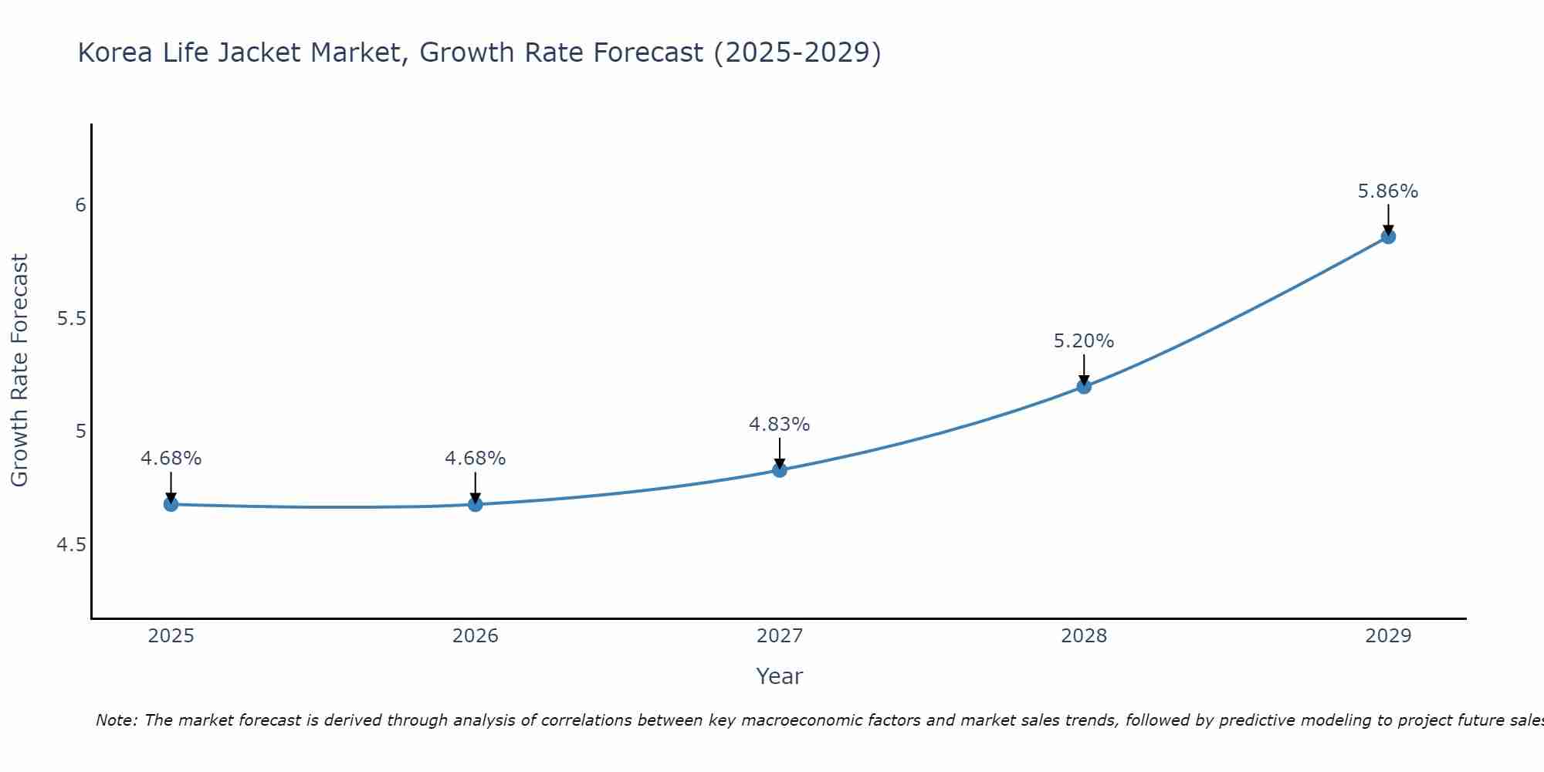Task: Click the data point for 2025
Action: click(171, 504)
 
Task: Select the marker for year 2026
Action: click(475, 504)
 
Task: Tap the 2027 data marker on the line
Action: click(780, 469)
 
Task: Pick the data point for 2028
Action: click(1084, 386)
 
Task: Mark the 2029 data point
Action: click(1388, 236)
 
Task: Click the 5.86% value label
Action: click(1388, 191)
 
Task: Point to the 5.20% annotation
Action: click(1084, 341)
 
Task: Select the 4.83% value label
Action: click(780, 425)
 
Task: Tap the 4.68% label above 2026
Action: click(475, 459)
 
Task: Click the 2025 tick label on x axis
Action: click(171, 636)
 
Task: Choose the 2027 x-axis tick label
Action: click(780, 636)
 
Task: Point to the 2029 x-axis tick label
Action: click(1388, 636)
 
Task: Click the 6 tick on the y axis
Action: click(80, 205)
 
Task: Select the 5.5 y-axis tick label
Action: click(71, 318)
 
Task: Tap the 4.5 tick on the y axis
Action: click(71, 545)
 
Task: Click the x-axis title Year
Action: click(780, 676)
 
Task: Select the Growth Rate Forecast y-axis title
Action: click(19, 371)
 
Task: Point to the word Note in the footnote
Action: click(116, 720)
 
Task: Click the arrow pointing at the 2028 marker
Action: click(1084, 369)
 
